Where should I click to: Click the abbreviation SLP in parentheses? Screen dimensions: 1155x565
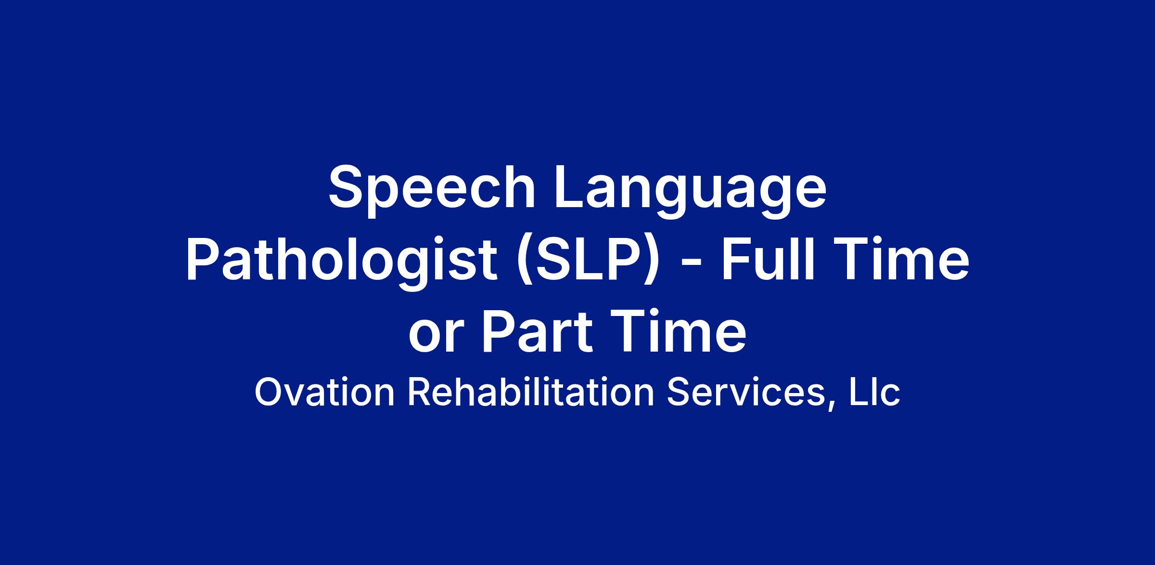[x=585, y=261]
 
